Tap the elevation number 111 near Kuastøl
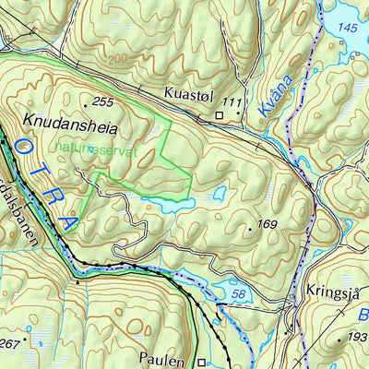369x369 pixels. (x=232, y=100)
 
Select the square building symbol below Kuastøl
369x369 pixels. (x=220, y=115)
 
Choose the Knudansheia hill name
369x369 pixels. (x=63, y=121)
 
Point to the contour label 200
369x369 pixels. (x=116, y=58)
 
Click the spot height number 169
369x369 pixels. (x=266, y=224)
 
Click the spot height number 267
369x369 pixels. (x=9, y=344)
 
